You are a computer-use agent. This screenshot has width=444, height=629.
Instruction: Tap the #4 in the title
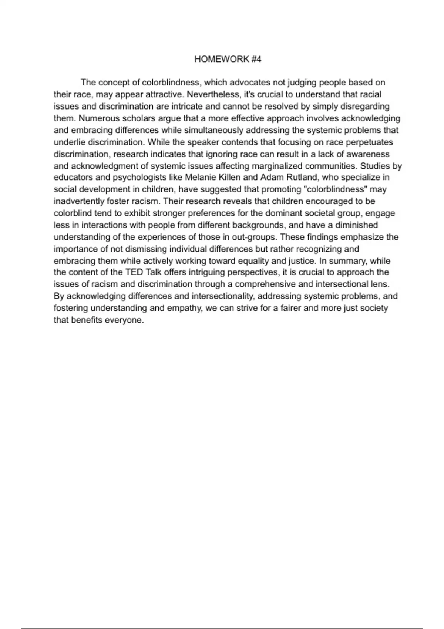click(256, 59)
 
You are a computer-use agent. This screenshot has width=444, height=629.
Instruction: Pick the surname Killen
click(230, 178)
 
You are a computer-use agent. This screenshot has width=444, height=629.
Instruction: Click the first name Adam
click(272, 178)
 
